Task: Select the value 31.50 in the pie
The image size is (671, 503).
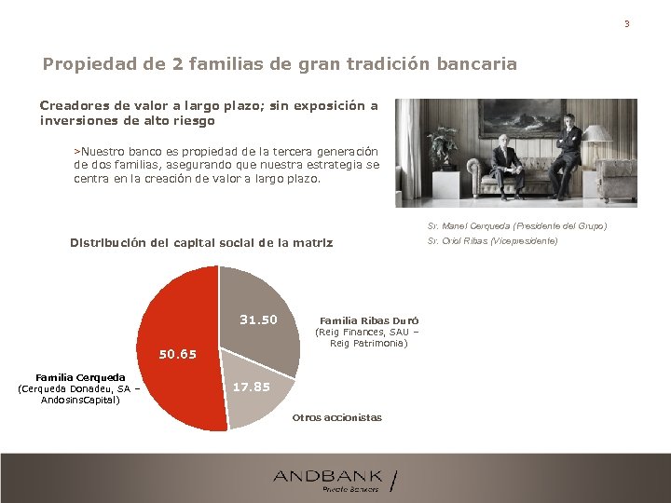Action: pyautogui.click(x=258, y=319)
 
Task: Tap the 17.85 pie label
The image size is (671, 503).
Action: pyautogui.click(x=250, y=387)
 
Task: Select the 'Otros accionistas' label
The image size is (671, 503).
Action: pyautogui.click(x=336, y=417)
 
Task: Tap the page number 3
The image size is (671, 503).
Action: pyautogui.click(x=626, y=23)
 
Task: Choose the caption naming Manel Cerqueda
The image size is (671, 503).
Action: pyautogui.click(x=516, y=226)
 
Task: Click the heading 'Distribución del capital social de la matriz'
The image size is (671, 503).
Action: pyautogui.click(x=201, y=243)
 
